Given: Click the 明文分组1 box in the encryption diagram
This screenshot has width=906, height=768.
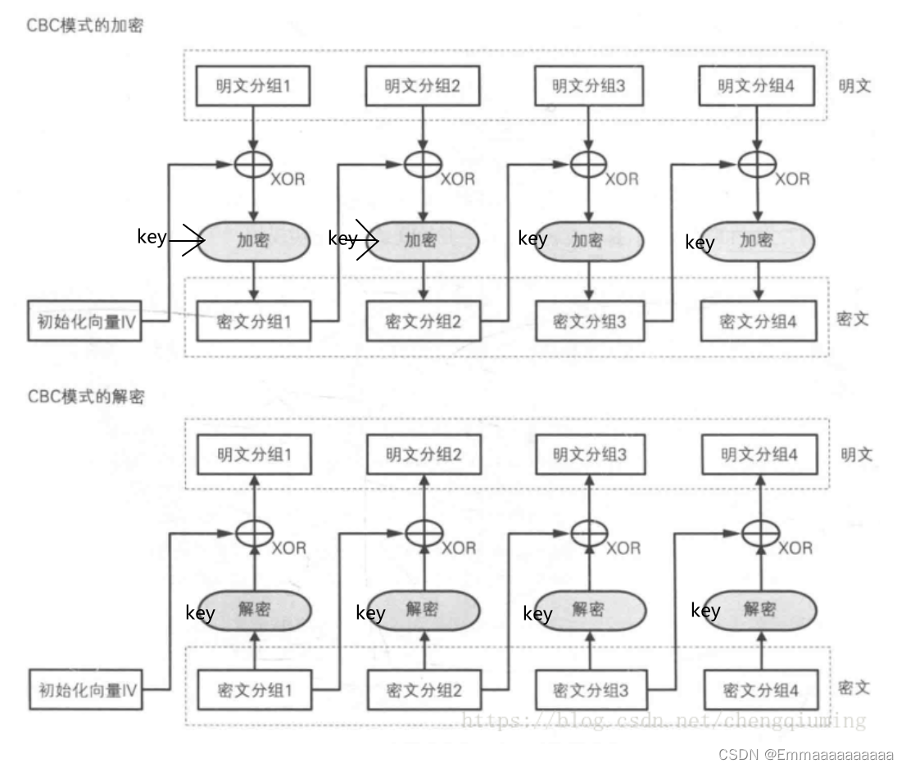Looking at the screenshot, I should tap(253, 86).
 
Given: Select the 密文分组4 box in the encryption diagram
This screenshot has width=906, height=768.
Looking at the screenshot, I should tap(759, 321).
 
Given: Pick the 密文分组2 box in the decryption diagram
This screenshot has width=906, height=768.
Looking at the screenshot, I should tap(424, 690).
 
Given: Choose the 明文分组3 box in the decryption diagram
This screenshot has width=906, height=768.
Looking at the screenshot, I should tap(590, 454).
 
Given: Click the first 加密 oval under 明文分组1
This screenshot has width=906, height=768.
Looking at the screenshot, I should tap(253, 240).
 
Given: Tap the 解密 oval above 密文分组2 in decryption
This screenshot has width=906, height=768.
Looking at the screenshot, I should tap(422, 610).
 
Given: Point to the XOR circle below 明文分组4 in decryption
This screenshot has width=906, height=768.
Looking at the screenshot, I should tap(758, 532).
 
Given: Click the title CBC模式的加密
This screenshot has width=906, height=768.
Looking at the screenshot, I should tap(85, 25).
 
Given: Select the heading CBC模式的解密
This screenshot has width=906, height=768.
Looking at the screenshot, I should tap(86, 396).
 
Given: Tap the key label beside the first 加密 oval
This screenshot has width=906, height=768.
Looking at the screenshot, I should tap(152, 238).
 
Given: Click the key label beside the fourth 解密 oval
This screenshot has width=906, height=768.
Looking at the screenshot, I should tap(705, 610).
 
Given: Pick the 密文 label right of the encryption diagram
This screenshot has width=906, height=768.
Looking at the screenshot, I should tap(854, 318).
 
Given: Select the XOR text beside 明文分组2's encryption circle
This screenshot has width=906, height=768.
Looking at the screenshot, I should tap(457, 179).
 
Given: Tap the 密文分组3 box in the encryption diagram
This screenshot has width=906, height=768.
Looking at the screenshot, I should tap(590, 321).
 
